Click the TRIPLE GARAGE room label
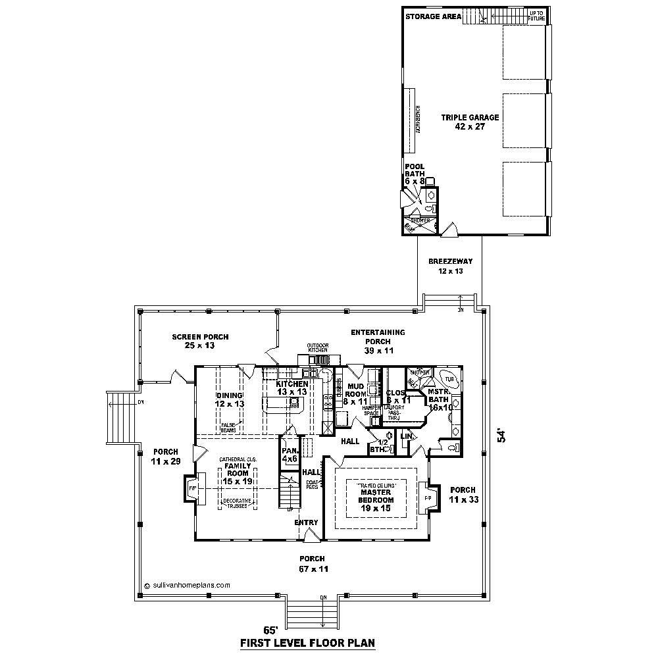click(470, 122)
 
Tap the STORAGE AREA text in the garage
click(432, 16)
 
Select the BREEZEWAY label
click(450, 266)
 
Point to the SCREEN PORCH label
click(200, 341)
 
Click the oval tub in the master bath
click(449, 380)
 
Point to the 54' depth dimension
click(503, 436)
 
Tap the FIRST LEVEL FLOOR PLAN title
click(307, 643)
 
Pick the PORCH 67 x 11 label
click(311, 563)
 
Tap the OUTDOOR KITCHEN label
click(318, 347)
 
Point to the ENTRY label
click(307, 522)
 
